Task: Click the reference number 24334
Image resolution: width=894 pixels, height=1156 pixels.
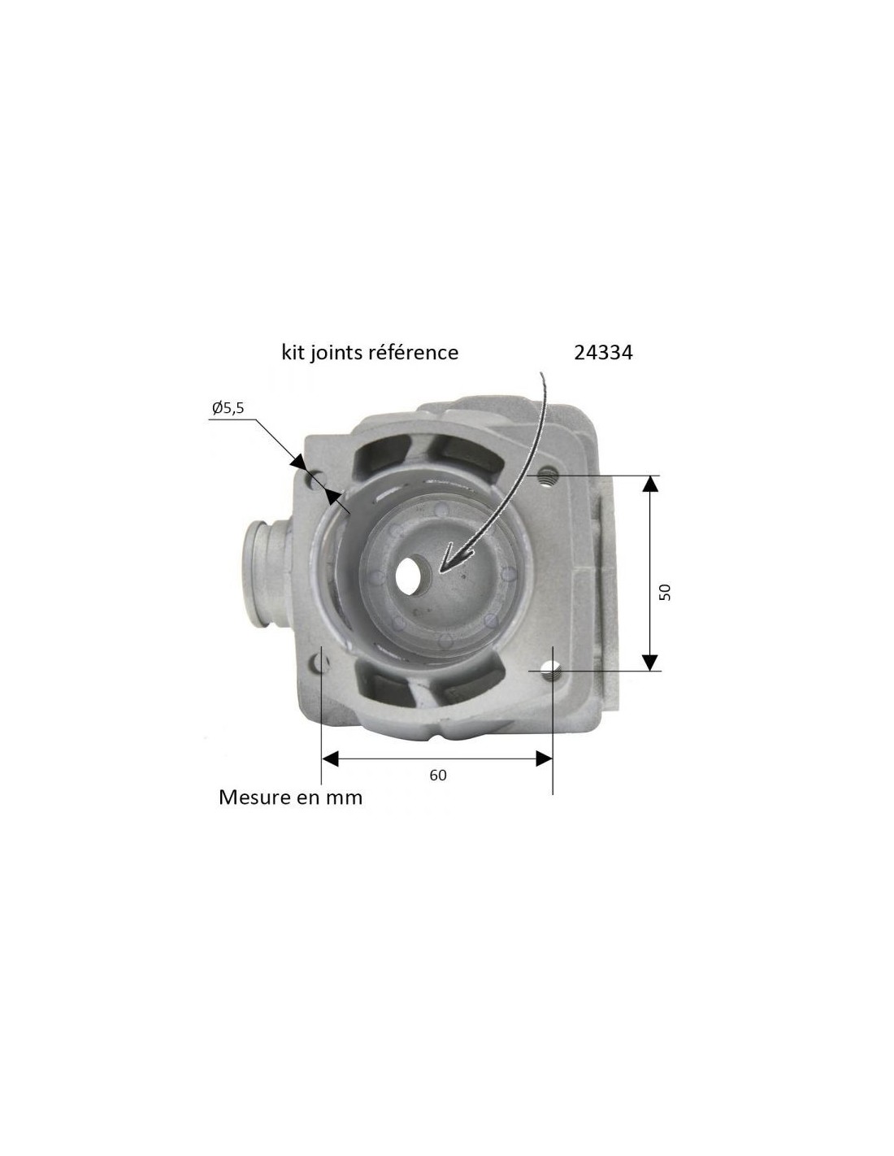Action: coord(603,352)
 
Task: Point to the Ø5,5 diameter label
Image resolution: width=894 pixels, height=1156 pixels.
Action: coord(228,408)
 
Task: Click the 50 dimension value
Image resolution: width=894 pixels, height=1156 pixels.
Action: coord(665,592)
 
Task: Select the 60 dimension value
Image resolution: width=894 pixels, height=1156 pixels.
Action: coord(438,775)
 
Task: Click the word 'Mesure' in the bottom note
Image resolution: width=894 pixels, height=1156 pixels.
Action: coord(250,797)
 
